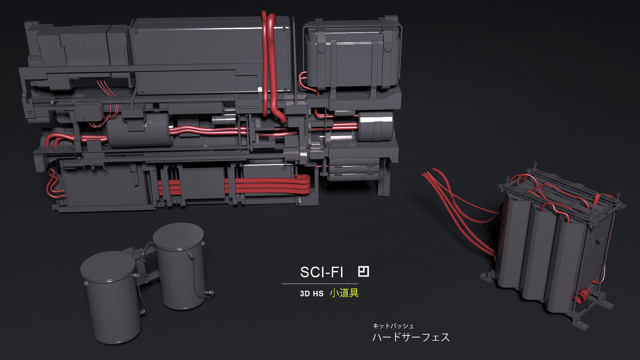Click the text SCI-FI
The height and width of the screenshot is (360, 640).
321,272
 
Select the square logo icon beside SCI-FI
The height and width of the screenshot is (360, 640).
364,271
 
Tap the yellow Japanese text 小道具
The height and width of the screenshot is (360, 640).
344,293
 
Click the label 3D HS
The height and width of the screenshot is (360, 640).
312,294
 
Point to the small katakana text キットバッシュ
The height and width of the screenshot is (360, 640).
393,326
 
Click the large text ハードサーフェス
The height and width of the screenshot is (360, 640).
411,337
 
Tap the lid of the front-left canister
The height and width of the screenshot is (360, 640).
108,267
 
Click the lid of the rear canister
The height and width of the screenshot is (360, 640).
178,237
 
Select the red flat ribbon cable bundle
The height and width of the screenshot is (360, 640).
234,186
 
